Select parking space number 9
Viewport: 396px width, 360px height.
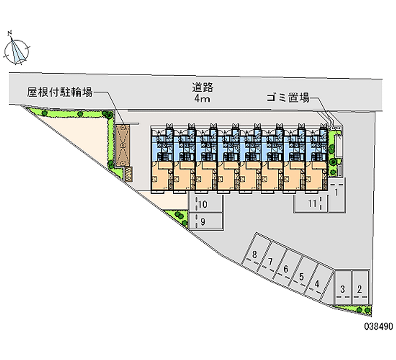coord(206,221)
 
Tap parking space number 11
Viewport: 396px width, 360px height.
coord(311,204)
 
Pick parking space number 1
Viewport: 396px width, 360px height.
coord(337,195)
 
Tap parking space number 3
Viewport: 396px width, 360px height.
coord(343,288)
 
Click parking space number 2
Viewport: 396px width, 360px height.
coord(360,288)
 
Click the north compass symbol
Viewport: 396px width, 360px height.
coord(17,51)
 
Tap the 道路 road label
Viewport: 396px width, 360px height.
coord(202,88)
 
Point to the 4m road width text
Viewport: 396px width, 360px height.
coord(202,99)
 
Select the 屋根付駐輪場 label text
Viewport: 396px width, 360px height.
coord(59,92)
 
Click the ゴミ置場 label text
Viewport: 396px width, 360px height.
coord(288,98)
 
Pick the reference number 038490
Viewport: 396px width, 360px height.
coord(378,326)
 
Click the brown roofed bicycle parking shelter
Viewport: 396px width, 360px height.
coord(123,145)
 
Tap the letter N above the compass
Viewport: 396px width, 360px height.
coord(10,33)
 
